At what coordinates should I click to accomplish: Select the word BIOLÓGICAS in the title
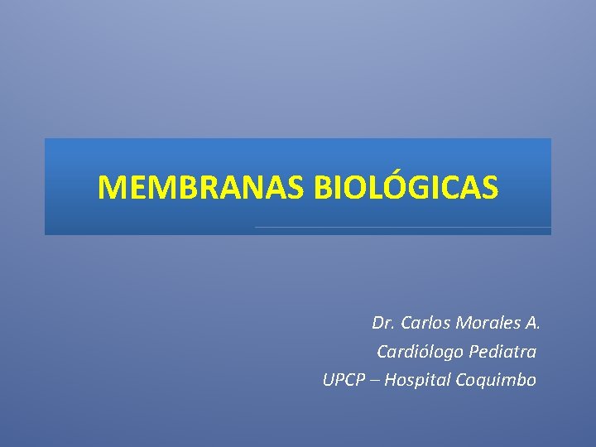(406, 188)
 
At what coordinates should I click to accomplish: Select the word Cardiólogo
(420, 352)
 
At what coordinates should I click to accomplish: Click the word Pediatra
(502, 352)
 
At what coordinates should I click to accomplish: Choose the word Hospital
(412, 381)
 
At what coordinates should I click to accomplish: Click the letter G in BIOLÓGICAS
(412, 188)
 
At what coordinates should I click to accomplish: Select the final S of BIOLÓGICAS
(490, 188)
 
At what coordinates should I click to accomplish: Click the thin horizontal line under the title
(402, 227)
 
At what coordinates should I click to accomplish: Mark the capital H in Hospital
(390, 381)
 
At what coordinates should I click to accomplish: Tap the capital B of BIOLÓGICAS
(323, 188)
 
